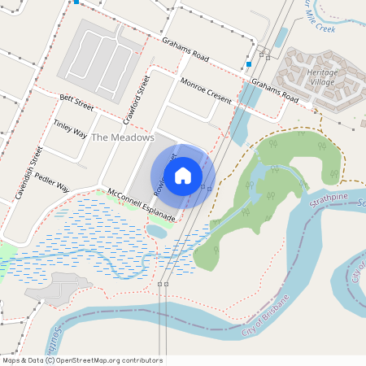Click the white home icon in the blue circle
[183, 175]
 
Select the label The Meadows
[122, 137]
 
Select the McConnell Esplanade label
[142, 206]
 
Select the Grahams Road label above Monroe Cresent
[185, 50]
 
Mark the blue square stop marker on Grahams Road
[248, 63]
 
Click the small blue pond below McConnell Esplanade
[157, 232]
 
